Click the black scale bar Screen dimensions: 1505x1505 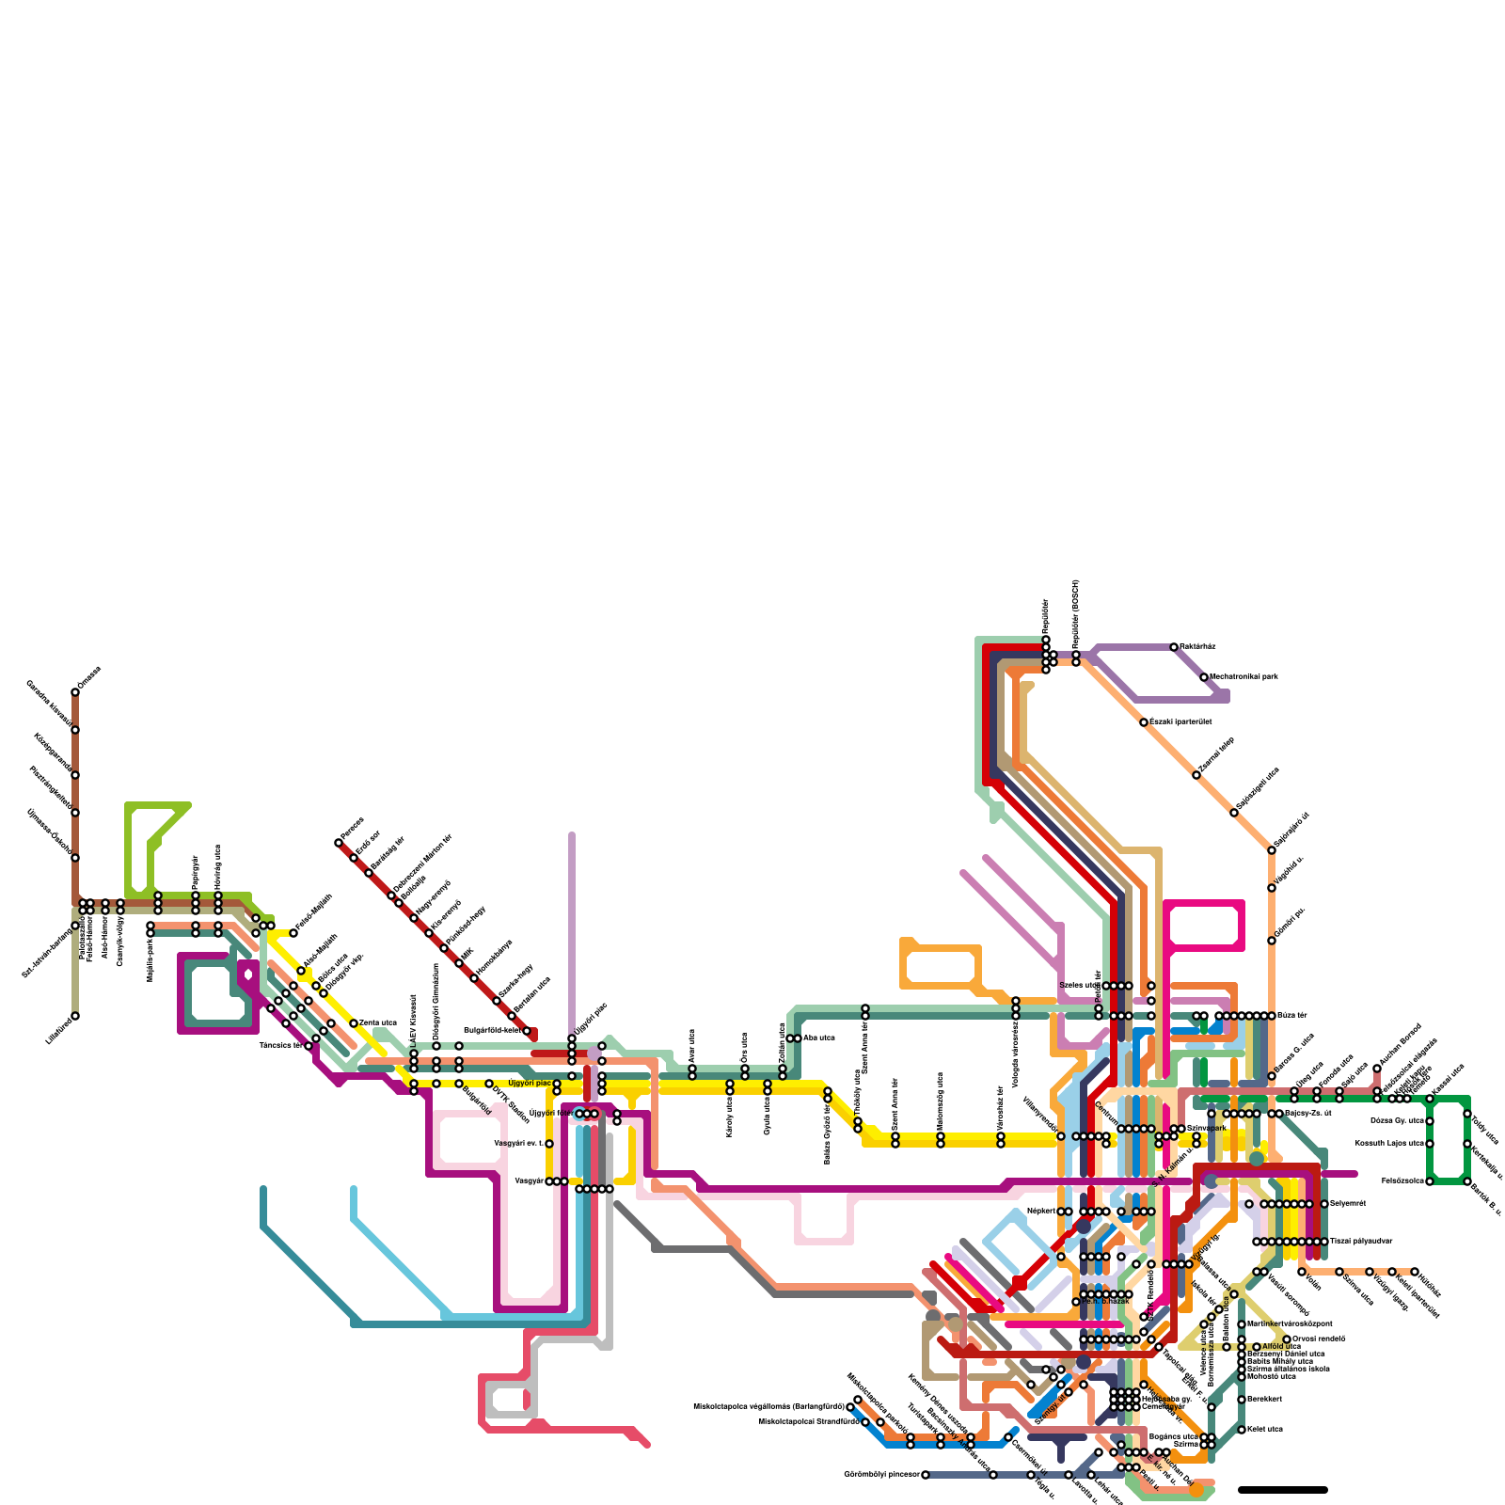pyautogui.click(x=1282, y=1490)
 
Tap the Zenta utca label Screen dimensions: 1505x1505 pyautogui.click(x=378, y=1022)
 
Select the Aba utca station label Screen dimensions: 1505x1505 pyautogui.click(x=819, y=1038)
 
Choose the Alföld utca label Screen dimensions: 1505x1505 pyautogui.click(x=1281, y=1347)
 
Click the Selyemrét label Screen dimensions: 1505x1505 pyautogui.click(x=1347, y=1204)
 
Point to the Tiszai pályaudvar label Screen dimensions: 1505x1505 pyautogui.click(x=1361, y=1242)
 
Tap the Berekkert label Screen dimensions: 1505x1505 pyautogui.click(x=1265, y=1400)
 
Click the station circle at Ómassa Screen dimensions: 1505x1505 pyautogui.click(x=75, y=692)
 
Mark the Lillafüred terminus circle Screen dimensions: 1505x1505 pyautogui.click(x=75, y=1016)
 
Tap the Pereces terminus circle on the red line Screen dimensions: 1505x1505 pyautogui.click(x=339, y=843)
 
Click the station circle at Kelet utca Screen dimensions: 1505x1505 pyautogui.click(x=1242, y=1430)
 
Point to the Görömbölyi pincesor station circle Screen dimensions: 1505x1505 pyautogui.click(x=926, y=1475)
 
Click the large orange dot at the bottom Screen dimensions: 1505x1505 pyautogui.click(x=1196, y=1490)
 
